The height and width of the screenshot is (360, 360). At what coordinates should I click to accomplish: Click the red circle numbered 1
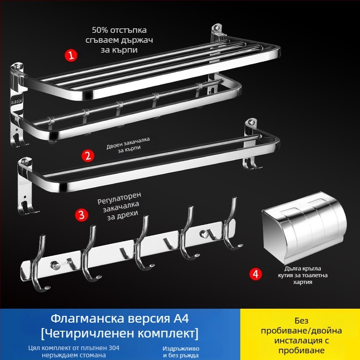pos(71,56)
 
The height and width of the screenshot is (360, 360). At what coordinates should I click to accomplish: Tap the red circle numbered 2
pos(88,156)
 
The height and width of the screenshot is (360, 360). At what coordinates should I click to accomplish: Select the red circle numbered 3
pos(81,214)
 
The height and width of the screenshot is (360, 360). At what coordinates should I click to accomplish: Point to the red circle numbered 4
pos(255,274)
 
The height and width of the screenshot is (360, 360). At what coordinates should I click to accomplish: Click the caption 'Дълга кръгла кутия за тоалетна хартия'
pos(297,275)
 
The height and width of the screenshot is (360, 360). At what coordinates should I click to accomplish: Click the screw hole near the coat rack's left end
pos(54,263)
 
